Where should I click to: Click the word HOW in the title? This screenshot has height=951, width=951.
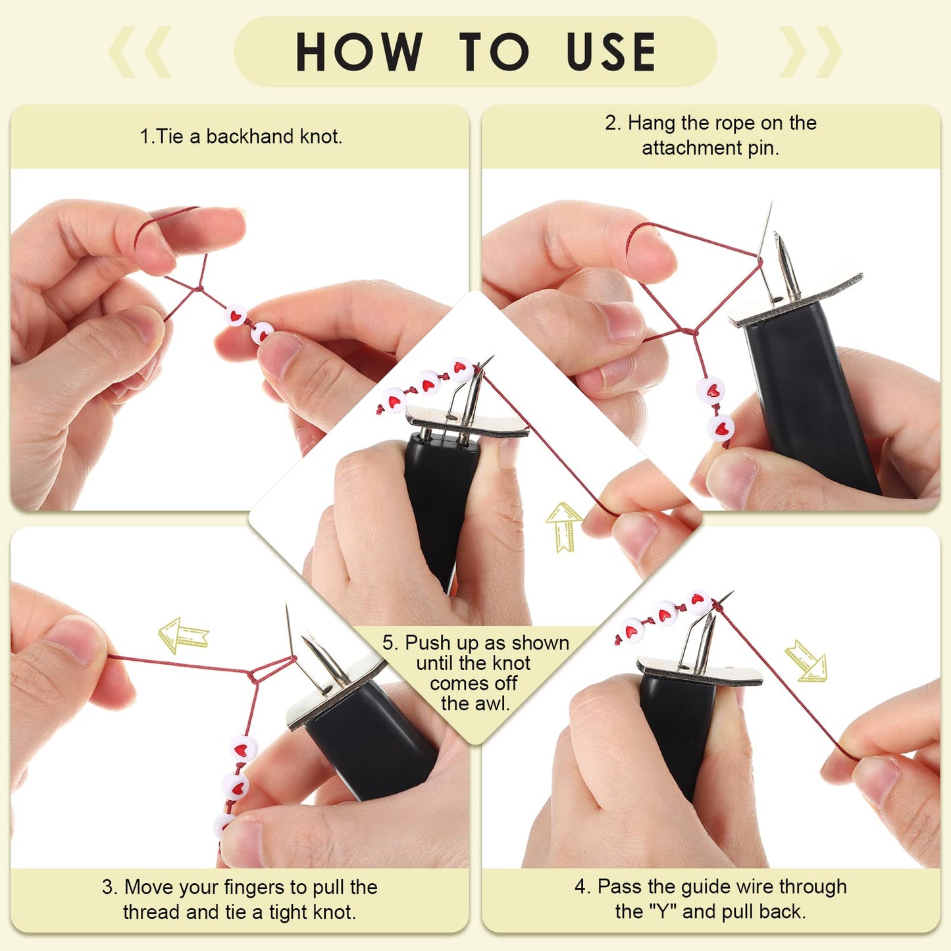[x=359, y=52]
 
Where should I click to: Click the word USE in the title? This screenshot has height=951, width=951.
[x=611, y=52]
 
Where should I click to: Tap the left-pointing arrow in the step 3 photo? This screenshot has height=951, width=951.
[x=183, y=635]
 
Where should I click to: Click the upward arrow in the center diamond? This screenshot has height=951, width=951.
[x=563, y=526]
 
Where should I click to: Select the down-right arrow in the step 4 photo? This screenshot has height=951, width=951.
[x=807, y=660]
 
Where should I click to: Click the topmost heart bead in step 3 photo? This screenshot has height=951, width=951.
[x=244, y=749]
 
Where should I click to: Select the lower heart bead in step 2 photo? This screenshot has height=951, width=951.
[x=721, y=428]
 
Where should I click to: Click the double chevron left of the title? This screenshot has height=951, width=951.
[x=140, y=52]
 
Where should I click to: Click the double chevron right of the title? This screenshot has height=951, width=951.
[x=811, y=52]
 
